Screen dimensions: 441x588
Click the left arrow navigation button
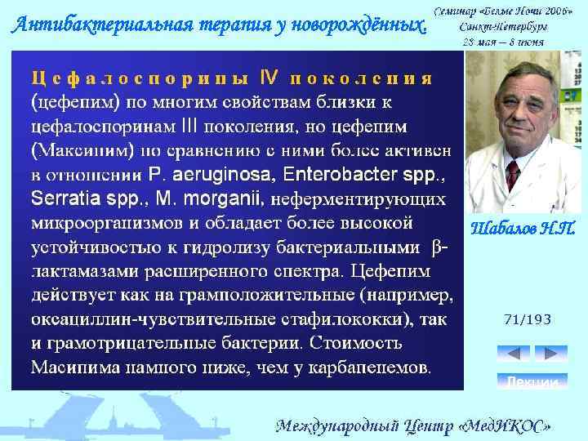click(514, 354)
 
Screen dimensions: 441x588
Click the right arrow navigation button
click(550, 354)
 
